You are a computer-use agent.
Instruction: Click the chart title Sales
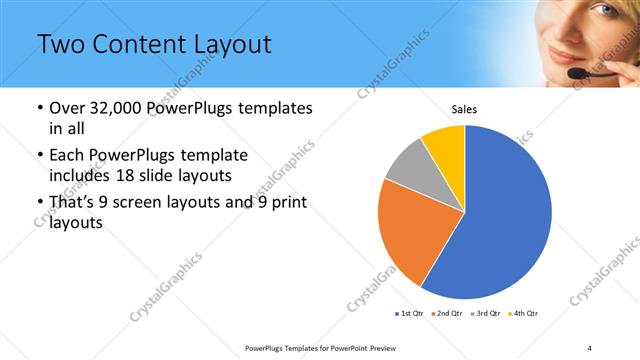coord(464,109)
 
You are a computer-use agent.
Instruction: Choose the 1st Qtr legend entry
coord(411,314)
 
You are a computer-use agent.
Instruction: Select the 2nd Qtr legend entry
coord(447,314)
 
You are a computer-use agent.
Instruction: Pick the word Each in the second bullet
coord(69,156)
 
